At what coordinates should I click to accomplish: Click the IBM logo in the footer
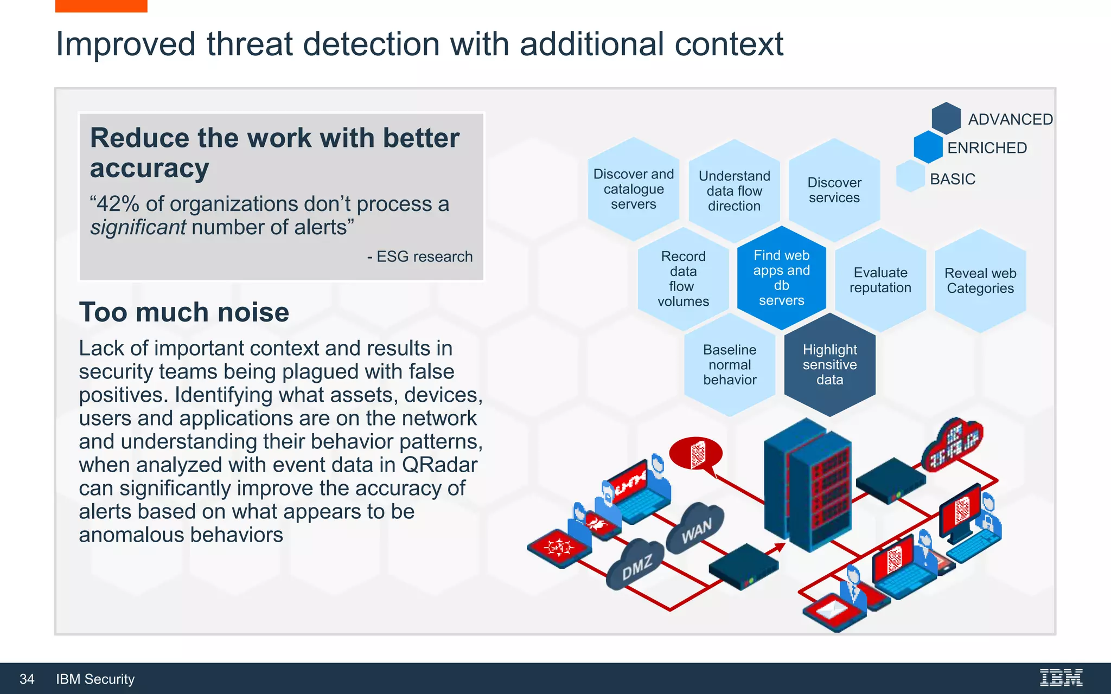[1061, 678]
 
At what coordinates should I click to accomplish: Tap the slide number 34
[27, 679]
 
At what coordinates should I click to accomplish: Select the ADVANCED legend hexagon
[946, 118]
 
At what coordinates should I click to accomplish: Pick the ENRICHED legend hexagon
[928, 147]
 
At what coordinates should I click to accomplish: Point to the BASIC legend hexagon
[910, 177]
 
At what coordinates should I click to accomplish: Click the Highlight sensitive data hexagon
[829, 365]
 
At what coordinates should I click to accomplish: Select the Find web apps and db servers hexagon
[781, 278]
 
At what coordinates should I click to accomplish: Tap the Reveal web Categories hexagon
[980, 281]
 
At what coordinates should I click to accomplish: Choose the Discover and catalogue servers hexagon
[633, 189]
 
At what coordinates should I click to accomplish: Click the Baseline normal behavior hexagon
[730, 365]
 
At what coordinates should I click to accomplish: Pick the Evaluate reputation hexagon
[880, 280]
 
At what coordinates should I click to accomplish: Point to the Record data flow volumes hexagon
[683, 279]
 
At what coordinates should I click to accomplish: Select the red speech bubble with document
[696, 453]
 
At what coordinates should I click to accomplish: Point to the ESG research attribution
[420, 256]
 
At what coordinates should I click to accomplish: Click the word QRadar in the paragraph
[439, 465]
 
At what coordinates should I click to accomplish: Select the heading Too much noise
[184, 312]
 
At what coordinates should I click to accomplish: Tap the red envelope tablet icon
[833, 612]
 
